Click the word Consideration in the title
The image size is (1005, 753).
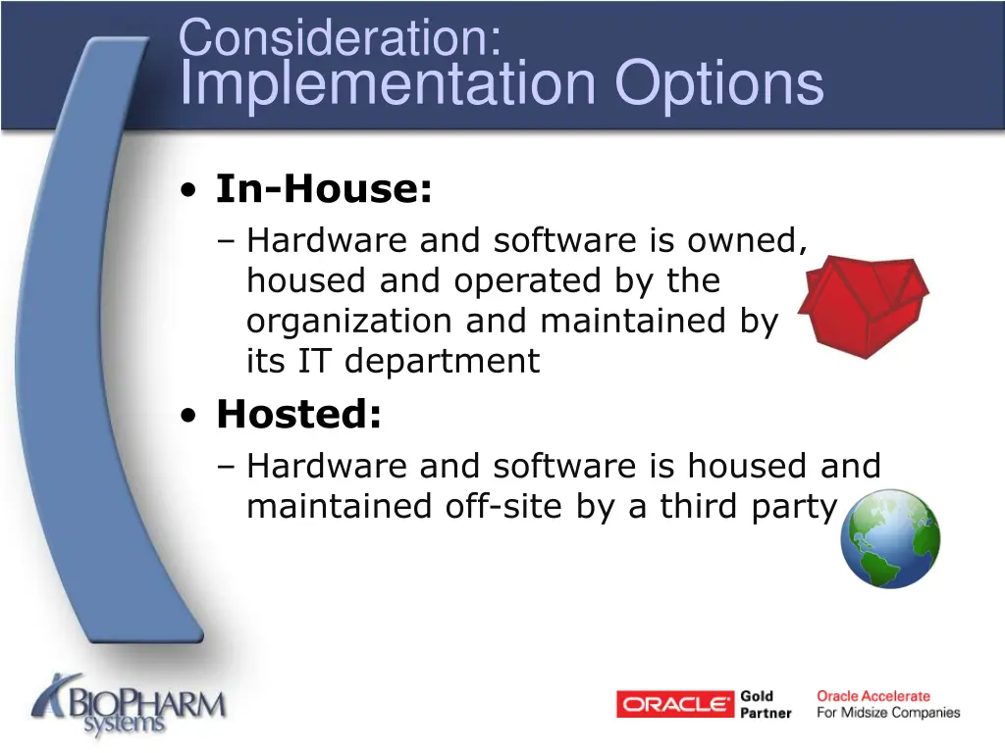tap(340, 39)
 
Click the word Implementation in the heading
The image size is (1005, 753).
tap(389, 83)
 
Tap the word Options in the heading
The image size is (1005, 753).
tap(719, 83)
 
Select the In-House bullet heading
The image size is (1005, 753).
tap(324, 188)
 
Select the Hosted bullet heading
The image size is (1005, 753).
tap(298, 414)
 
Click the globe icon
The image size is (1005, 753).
tap(890, 538)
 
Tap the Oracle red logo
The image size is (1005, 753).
tap(674, 704)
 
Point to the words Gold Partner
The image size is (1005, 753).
tap(765, 704)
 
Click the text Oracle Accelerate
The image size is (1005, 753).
tap(873, 696)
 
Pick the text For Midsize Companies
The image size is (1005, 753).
tap(888, 713)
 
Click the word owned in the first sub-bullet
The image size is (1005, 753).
tap(748, 240)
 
